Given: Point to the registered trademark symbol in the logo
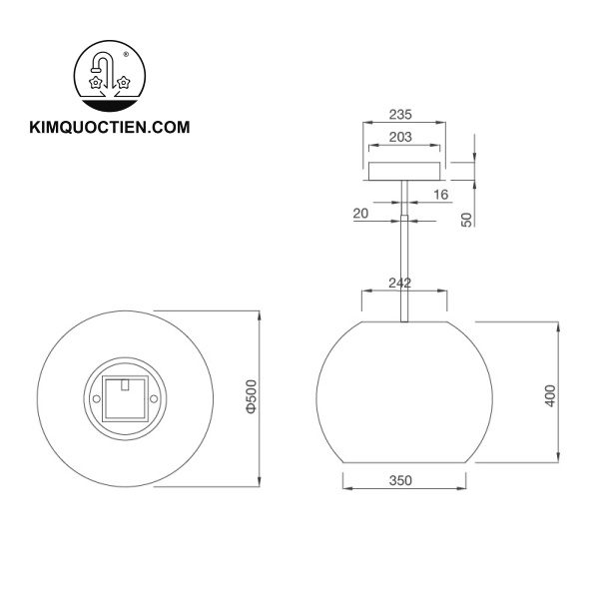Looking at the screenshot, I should (x=125, y=54).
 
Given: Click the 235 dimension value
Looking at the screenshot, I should (x=401, y=114).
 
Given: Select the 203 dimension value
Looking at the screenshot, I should (x=401, y=139).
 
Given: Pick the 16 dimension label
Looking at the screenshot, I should (x=440, y=194).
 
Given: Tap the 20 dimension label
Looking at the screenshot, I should (x=360, y=213).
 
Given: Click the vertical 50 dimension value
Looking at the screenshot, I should (x=466, y=220).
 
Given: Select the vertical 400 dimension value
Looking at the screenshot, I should (x=549, y=393).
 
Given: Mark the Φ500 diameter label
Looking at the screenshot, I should (x=253, y=396).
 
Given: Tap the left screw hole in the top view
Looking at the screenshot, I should (x=96, y=397).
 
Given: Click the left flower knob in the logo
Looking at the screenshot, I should (x=97, y=84).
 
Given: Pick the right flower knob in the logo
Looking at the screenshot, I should (x=123, y=84).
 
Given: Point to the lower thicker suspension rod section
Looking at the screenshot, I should (x=403, y=270).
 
